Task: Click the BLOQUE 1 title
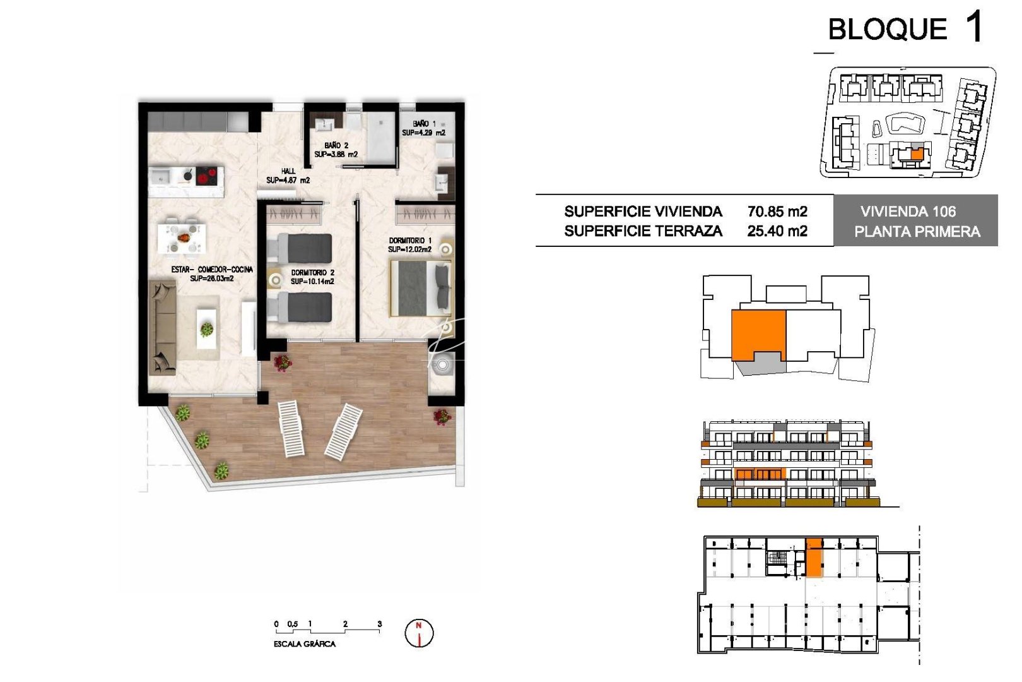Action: tap(905, 28)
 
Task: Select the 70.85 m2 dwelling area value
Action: tap(777, 212)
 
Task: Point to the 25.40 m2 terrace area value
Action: tap(777, 231)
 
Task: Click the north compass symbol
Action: tap(418, 633)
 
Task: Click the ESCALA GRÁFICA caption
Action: tap(304, 644)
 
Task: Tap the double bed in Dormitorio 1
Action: tap(420, 289)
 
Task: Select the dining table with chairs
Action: tap(182, 238)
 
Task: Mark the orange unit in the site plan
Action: tap(917, 153)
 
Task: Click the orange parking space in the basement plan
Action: tap(814, 558)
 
